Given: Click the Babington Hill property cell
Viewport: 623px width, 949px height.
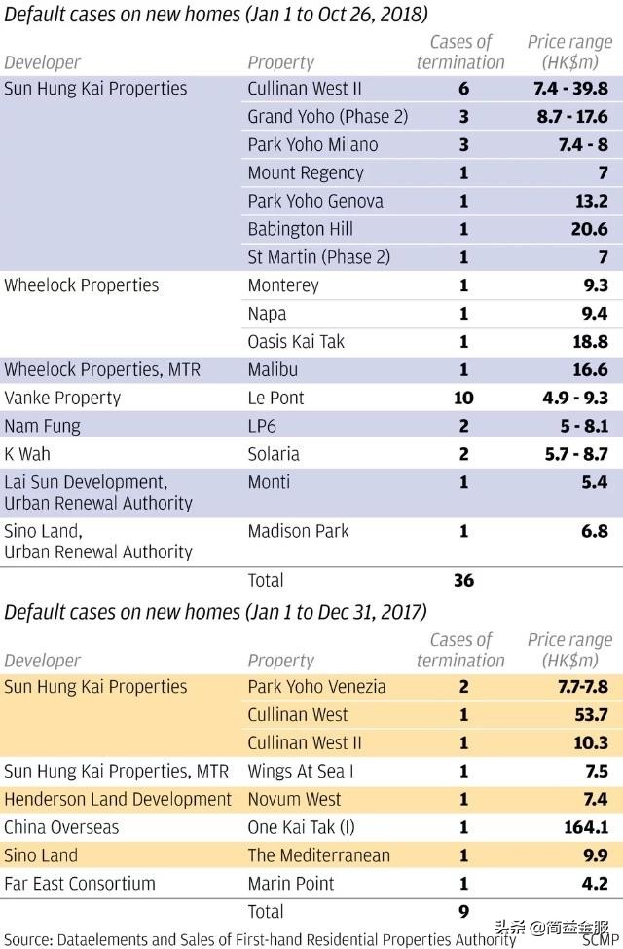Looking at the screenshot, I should point(300,229).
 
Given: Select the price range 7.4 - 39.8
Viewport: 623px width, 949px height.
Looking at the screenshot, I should point(571,89).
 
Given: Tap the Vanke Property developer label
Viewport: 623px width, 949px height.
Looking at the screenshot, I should point(62,398).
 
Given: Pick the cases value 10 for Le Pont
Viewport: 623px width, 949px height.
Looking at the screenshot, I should point(463,398).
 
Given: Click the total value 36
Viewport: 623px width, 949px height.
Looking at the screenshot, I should point(463,580).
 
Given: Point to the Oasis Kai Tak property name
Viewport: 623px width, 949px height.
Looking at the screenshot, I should point(296,341).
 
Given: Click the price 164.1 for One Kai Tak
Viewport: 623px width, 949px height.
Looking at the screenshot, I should point(584,827).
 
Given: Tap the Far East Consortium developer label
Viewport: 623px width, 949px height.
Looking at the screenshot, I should point(80,884).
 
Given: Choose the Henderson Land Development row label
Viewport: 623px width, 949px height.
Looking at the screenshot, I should point(118,799).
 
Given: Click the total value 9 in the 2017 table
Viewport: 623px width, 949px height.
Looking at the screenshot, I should point(463,912).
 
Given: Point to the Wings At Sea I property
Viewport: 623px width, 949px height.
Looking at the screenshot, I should point(300,771).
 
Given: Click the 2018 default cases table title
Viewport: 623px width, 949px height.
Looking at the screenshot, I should point(216,15).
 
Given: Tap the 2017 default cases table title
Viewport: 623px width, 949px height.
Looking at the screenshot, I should point(215,612).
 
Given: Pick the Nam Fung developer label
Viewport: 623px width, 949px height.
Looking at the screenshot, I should point(42,426).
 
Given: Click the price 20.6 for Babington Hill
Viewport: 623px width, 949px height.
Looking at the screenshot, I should point(590,229).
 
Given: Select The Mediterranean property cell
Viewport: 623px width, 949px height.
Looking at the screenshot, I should point(318,855).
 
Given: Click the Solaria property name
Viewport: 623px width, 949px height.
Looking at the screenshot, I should point(274,454).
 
